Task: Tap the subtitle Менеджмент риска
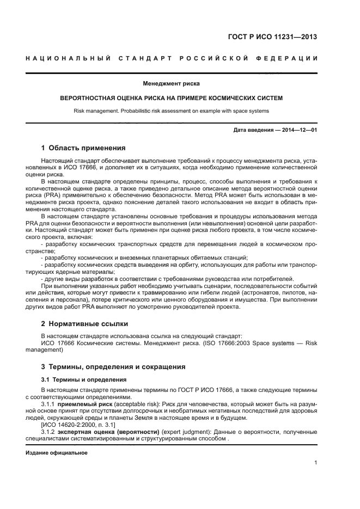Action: [x=171, y=84]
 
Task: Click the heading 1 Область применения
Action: [x=83, y=148]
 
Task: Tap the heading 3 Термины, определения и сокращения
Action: [x=113, y=366]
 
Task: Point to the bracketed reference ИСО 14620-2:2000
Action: [x=71, y=425]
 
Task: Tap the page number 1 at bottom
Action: [x=316, y=463]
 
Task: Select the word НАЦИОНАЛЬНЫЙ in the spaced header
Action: [x=64, y=59]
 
